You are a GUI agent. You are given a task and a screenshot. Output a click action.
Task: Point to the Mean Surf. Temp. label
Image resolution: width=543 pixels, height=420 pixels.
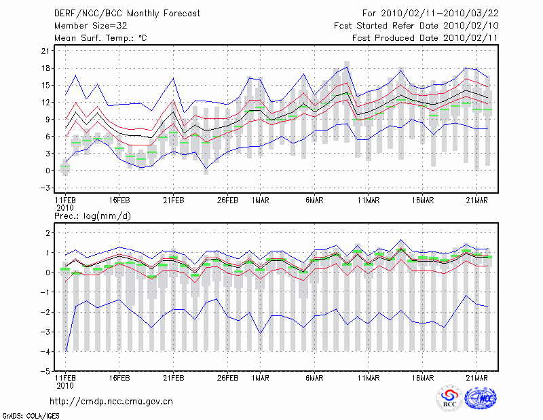100,38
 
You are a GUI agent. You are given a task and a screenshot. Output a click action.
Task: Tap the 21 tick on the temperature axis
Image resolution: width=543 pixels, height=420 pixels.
45,51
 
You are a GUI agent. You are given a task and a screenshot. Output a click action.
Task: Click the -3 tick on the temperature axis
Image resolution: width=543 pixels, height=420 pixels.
45,188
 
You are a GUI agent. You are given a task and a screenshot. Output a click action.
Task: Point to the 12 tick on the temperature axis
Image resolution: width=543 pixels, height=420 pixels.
45,102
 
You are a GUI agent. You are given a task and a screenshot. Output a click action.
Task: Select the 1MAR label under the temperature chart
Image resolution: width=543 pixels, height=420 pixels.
259,200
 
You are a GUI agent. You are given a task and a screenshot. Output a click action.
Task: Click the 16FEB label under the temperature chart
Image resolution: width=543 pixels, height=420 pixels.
119,200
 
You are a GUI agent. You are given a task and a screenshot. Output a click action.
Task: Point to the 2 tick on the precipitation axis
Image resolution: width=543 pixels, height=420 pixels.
48,233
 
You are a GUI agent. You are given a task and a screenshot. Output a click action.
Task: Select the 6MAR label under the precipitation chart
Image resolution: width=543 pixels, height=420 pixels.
314,378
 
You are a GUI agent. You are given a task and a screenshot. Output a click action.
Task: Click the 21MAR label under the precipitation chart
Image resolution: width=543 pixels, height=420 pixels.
480,378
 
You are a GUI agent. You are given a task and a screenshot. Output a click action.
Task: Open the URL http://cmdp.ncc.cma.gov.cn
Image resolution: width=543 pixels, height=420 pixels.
112,401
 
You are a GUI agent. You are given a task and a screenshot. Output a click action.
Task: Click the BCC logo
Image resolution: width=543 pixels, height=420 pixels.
449,399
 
